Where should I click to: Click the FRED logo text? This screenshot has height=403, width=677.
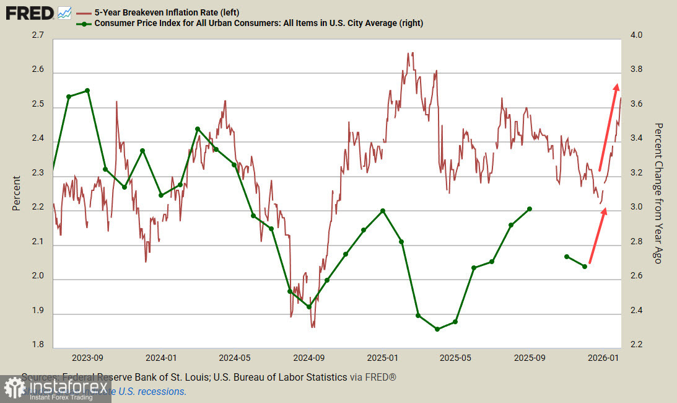click(28, 12)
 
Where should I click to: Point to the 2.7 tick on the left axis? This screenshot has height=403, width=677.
click(37, 36)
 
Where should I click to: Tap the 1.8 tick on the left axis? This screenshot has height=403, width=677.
click(37, 345)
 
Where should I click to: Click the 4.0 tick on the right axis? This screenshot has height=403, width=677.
click(637, 36)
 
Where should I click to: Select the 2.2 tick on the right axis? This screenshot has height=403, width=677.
click(637, 345)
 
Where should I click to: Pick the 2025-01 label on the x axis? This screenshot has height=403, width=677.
click(383, 358)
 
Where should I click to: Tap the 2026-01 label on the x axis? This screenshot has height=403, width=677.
click(604, 358)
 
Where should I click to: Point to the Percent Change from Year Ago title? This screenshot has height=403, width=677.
click(659, 192)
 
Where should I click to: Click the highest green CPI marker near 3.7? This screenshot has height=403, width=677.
click(87, 91)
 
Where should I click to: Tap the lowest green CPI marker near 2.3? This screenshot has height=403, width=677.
click(437, 329)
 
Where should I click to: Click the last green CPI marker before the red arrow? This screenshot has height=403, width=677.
click(585, 267)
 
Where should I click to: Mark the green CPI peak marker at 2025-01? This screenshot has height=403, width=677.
click(383, 211)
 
